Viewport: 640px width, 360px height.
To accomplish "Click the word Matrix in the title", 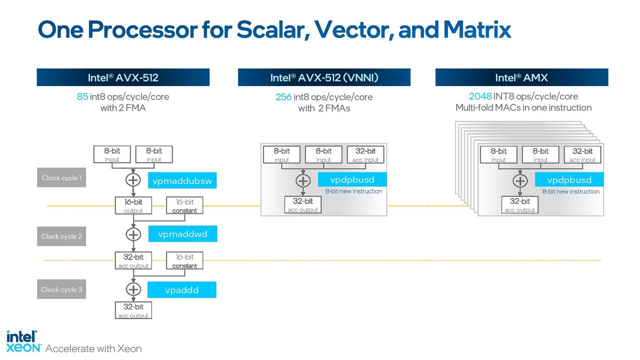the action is pyautogui.click(x=477, y=29).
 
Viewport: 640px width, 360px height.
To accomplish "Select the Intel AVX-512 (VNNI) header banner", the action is pyautogui.click(x=324, y=77).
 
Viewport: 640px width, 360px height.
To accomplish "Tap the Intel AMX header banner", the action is pyautogui.click(x=521, y=77).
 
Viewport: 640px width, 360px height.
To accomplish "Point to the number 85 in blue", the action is pyautogui.click(x=82, y=96).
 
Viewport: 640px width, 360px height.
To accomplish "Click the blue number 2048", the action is pyautogui.click(x=480, y=96).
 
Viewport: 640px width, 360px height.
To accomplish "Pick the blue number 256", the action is pyautogui.click(x=283, y=97).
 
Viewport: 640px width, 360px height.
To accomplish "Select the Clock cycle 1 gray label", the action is pyautogui.click(x=61, y=177).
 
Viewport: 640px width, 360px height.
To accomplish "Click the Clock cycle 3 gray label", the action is pyautogui.click(x=61, y=289).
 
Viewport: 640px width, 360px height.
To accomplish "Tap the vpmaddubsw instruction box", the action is pyautogui.click(x=182, y=180).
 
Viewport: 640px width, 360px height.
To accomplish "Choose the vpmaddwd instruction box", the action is pyautogui.click(x=182, y=233).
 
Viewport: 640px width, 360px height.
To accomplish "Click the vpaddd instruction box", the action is pyautogui.click(x=181, y=289).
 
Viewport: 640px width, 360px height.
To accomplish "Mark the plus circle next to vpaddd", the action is pyautogui.click(x=133, y=289).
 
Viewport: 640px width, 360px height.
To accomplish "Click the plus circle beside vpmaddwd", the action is pyautogui.click(x=133, y=234).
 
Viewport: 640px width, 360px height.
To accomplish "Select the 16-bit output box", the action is pyautogui.click(x=133, y=205).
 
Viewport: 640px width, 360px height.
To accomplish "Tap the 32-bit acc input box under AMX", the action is pyautogui.click(x=582, y=154).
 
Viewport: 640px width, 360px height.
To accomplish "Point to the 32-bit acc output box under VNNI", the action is pyautogui.click(x=303, y=204).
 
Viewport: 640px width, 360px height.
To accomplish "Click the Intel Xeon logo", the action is pyautogui.click(x=23, y=341).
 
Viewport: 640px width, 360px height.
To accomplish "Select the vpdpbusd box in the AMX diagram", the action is pyautogui.click(x=569, y=179).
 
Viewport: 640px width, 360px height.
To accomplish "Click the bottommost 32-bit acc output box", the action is pyautogui.click(x=133, y=310).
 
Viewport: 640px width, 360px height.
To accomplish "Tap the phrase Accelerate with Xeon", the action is pyautogui.click(x=93, y=348).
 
